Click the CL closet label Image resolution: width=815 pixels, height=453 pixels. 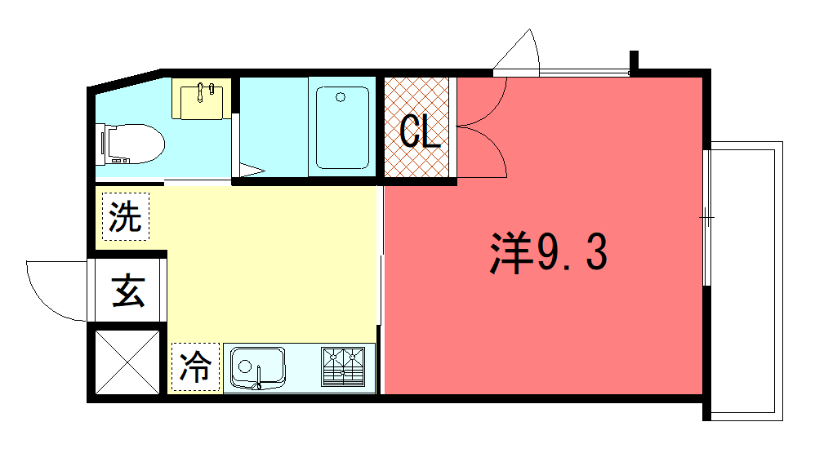(x=420, y=131)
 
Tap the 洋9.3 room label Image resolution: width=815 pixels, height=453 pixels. (x=548, y=252)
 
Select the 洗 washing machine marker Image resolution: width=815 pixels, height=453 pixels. (x=126, y=216)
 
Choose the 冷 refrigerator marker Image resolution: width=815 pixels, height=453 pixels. (x=195, y=366)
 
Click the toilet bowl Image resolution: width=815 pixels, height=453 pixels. (x=130, y=144)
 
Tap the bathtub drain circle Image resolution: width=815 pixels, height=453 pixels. (x=341, y=97)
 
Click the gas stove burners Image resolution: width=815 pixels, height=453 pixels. (x=343, y=366)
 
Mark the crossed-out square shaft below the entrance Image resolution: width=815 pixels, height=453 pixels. (x=127, y=362)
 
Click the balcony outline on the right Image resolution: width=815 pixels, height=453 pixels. (x=782, y=281)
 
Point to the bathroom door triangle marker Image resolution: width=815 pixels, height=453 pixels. (x=252, y=170)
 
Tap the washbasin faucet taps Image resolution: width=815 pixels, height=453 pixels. (x=206, y=91)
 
